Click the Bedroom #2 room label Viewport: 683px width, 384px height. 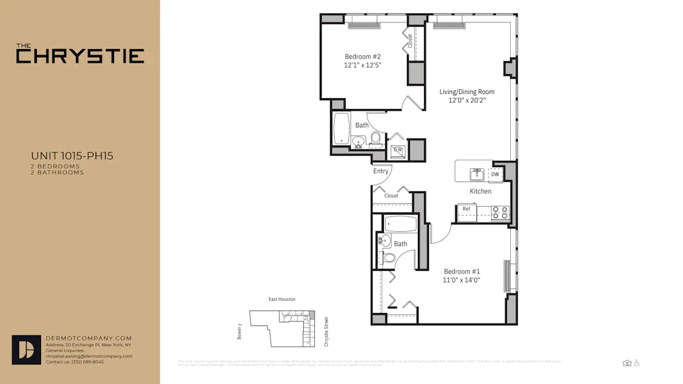point(362,57)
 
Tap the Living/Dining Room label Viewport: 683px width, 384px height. point(466,92)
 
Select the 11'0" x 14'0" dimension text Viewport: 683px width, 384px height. point(462,280)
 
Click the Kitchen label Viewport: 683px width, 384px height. point(480,192)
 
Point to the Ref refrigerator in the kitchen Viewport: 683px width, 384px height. point(466,209)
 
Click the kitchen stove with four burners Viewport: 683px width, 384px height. point(501,213)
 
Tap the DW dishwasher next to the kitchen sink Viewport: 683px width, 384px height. point(495,175)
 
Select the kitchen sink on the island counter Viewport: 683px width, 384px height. point(477,174)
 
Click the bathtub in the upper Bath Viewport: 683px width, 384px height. point(341,129)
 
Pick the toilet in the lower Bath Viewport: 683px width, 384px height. point(389,258)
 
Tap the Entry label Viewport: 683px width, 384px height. point(380,171)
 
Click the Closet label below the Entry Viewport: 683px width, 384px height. point(391,196)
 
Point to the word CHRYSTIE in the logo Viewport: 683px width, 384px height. point(80,56)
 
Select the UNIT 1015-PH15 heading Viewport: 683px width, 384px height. point(72,156)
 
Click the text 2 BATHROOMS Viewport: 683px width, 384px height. point(57,173)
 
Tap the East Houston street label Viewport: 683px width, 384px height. point(282,299)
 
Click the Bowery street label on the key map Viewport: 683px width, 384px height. point(240,331)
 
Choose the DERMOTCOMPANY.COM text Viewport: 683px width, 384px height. point(88,338)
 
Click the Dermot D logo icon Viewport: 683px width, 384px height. point(26,350)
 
